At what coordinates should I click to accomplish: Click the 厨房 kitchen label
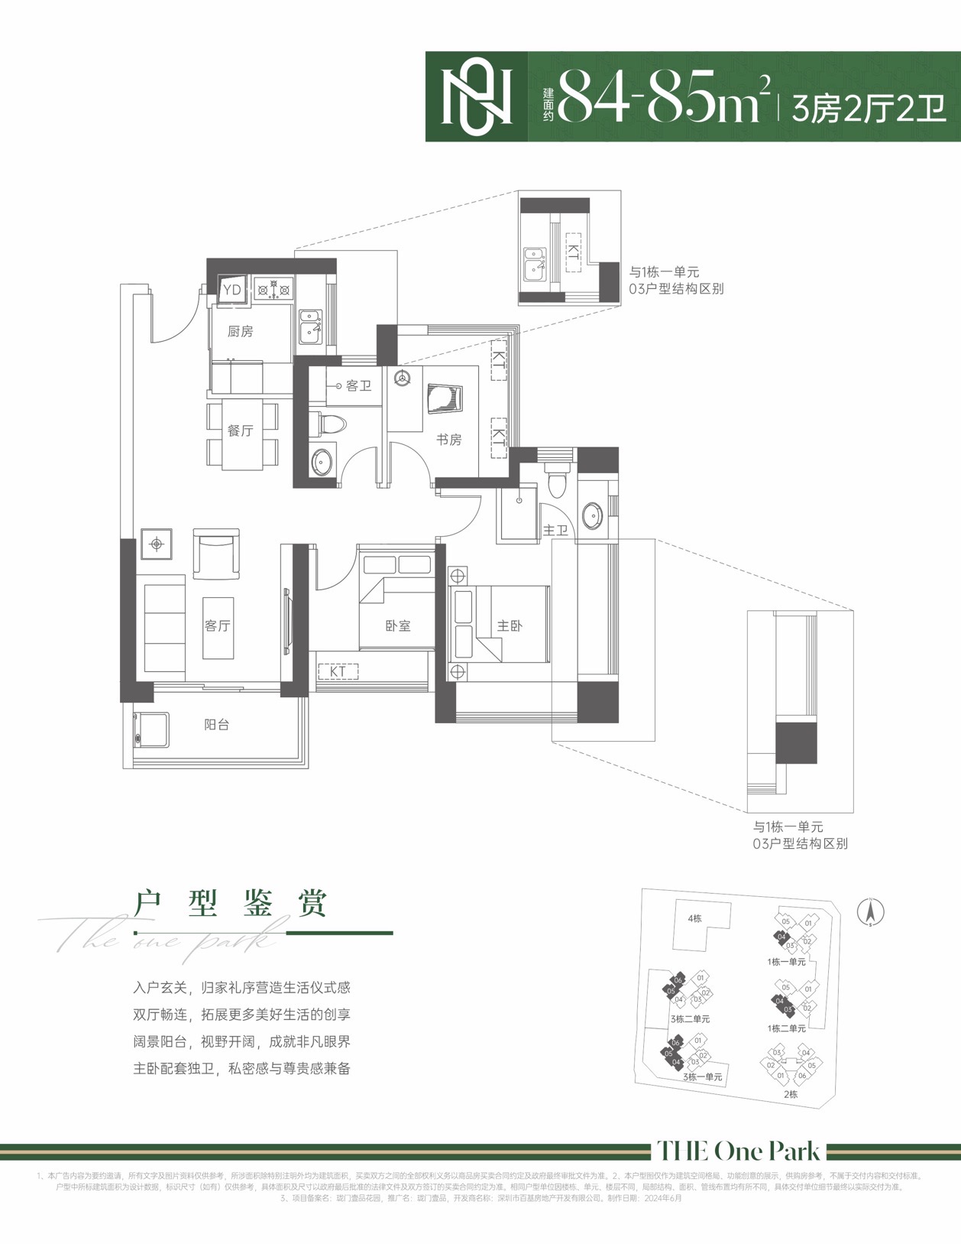pyautogui.click(x=240, y=331)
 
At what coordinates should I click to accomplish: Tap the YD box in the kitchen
pyautogui.click(x=231, y=289)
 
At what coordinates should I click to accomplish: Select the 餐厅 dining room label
pyautogui.click(x=240, y=430)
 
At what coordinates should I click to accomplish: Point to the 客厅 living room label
pyautogui.click(x=217, y=625)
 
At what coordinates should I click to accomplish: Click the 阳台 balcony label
pyautogui.click(x=216, y=724)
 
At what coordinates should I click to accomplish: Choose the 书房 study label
pyautogui.click(x=448, y=440)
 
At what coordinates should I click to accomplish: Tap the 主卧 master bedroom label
pyautogui.click(x=509, y=625)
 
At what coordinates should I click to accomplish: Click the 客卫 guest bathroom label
pyautogui.click(x=358, y=385)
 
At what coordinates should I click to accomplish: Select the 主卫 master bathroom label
pyautogui.click(x=555, y=529)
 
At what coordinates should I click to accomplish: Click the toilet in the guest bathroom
pyautogui.click(x=329, y=424)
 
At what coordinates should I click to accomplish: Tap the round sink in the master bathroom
pyautogui.click(x=593, y=515)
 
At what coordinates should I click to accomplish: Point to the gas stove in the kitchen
pyautogui.click(x=273, y=290)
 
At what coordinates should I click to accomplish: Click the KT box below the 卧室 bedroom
pyautogui.click(x=338, y=671)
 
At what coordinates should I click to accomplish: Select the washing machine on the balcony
pyautogui.click(x=151, y=730)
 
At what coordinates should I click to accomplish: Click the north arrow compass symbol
pyautogui.click(x=870, y=911)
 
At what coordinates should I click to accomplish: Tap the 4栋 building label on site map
pyautogui.click(x=694, y=918)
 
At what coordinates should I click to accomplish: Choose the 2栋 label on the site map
pyautogui.click(x=790, y=1094)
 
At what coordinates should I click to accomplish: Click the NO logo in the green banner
pyautogui.click(x=477, y=97)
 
